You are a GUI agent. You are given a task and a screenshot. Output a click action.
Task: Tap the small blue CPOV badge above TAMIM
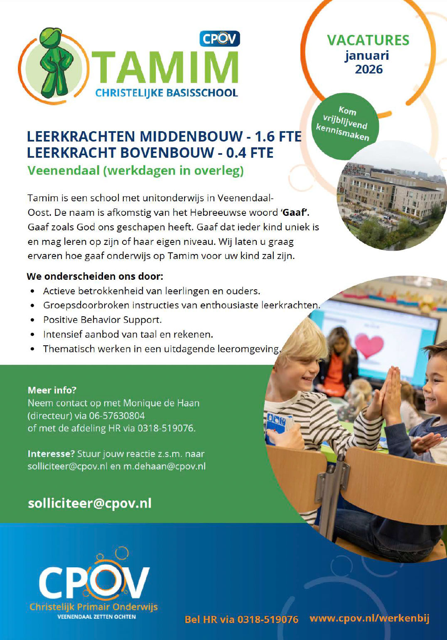coord(219,39)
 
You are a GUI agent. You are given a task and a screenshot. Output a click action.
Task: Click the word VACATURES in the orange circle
coord(368,40)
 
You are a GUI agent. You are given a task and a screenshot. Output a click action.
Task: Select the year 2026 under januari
coord(368,69)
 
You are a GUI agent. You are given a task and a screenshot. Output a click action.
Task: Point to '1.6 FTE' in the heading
coord(278,136)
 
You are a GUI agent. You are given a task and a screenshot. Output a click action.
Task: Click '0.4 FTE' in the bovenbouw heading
coord(250,153)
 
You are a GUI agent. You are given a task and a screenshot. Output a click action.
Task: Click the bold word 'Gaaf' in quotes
coord(295,213)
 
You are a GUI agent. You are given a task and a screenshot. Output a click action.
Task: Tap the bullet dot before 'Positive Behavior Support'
coord(32,320)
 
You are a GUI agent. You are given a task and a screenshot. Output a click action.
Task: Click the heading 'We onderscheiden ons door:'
coord(95,276)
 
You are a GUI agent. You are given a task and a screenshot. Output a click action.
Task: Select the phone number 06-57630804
coord(117,415)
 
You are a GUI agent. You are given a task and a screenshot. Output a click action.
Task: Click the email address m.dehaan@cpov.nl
coord(164,466)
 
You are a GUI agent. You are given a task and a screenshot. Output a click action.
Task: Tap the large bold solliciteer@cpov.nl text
coord(89,503)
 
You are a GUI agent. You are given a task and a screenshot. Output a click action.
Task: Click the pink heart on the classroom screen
coord(368,345)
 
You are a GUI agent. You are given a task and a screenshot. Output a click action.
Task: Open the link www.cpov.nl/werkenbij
coord(369,618)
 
